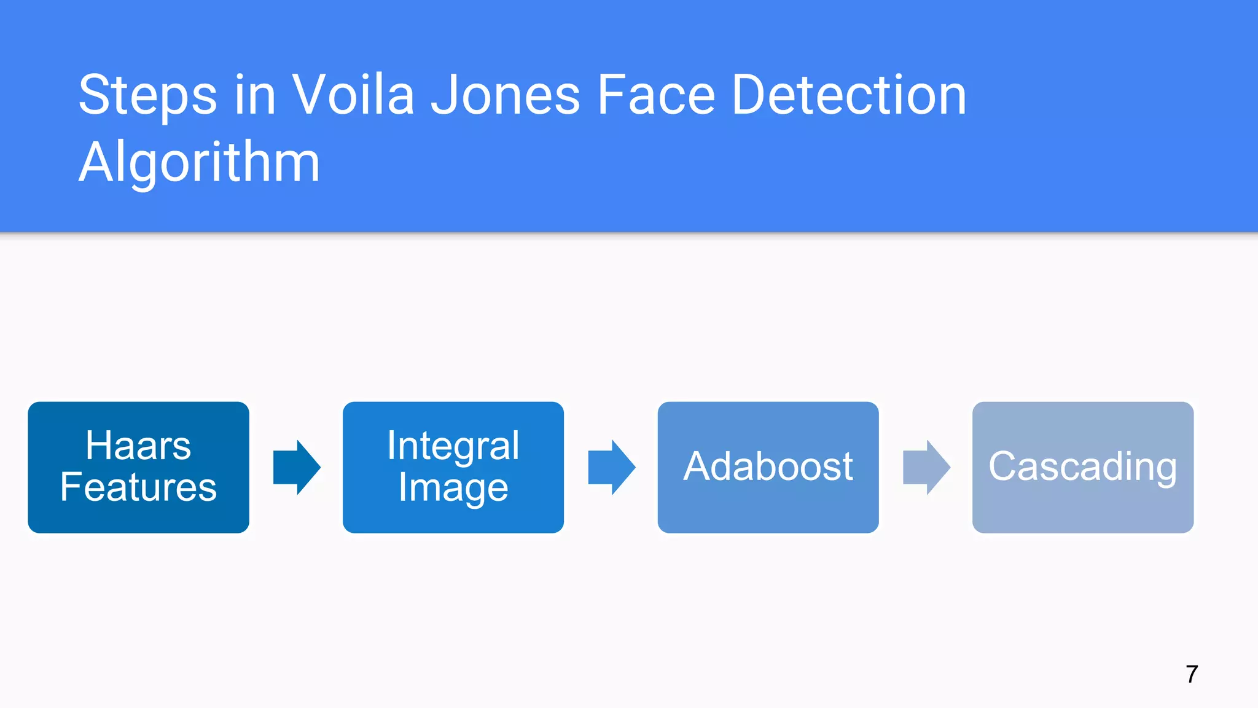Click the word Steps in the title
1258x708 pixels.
(147, 96)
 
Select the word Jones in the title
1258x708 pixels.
(505, 96)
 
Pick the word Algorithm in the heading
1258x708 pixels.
(199, 162)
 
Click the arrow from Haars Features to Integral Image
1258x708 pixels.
(297, 467)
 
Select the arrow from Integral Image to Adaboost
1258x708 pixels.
(611, 467)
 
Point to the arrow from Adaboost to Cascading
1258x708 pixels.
(926, 467)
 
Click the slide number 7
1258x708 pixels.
(1192, 674)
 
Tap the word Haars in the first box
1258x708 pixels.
(138, 446)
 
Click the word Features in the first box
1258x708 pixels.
(138, 487)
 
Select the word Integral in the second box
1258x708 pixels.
(453, 446)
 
